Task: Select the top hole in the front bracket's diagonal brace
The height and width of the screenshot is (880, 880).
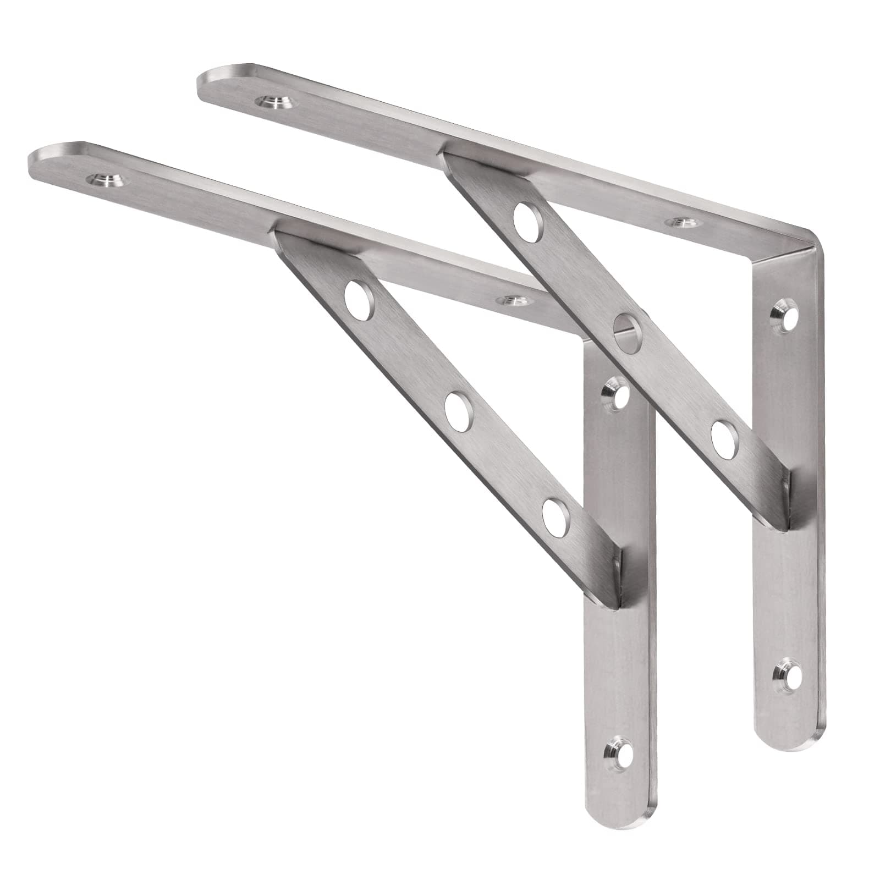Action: [x=359, y=301]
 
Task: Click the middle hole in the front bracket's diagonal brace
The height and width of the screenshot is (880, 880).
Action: [x=458, y=410]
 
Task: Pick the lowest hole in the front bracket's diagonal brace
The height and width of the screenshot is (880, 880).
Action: [x=555, y=517]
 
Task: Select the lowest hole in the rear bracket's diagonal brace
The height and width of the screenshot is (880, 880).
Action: [x=725, y=438]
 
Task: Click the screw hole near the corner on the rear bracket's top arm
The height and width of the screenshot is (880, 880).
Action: [x=680, y=221]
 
